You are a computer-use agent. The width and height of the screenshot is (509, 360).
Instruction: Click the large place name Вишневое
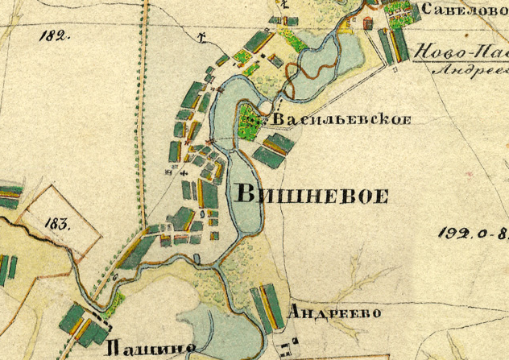tap(312, 196)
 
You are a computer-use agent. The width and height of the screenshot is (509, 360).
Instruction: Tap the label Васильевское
tap(342, 120)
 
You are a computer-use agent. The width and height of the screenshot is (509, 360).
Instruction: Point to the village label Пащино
tap(151, 348)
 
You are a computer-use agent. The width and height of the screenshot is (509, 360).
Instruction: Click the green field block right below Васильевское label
tap(274, 148)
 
